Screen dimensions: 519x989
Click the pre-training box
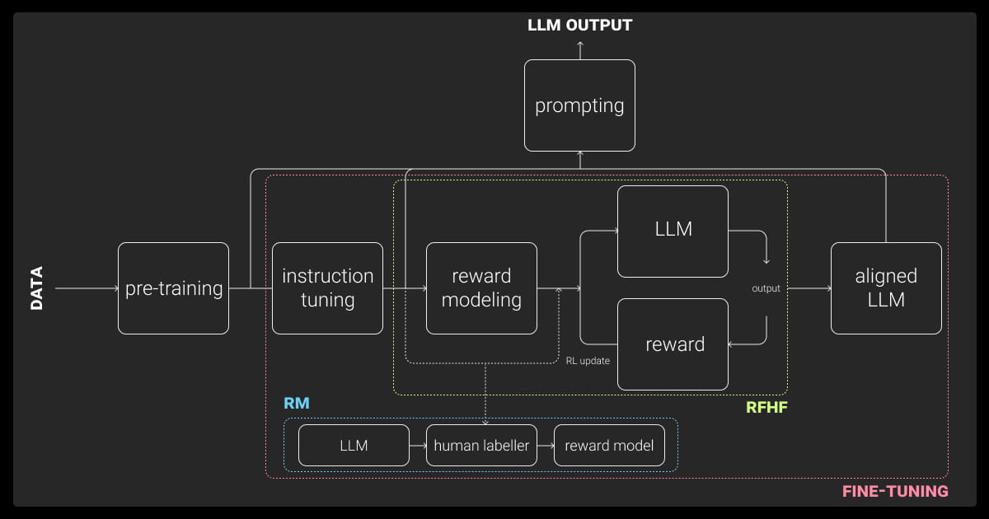pyautogui.click(x=173, y=288)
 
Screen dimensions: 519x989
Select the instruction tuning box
pyautogui.click(x=327, y=288)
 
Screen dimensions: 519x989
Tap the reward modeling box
pyautogui.click(x=481, y=288)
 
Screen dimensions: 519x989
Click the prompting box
pyautogui.click(x=579, y=105)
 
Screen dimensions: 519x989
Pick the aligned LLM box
pyautogui.click(x=886, y=288)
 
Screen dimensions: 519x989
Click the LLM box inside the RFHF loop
pyautogui.click(x=673, y=231)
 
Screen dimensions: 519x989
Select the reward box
pyautogui.click(x=673, y=344)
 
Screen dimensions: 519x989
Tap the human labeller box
pyautogui.click(x=481, y=446)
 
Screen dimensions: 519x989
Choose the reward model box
pyautogui.click(x=609, y=446)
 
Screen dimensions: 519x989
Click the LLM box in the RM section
pyautogui.click(x=354, y=446)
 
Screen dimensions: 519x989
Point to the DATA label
pyautogui.click(x=37, y=288)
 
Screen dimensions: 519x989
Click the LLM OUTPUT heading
pyautogui.click(x=579, y=25)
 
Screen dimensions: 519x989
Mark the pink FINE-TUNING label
pyautogui.click(x=895, y=492)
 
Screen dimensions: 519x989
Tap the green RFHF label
pyautogui.click(x=766, y=407)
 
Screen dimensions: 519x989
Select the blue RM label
pyautogui.click(x=296, y=404)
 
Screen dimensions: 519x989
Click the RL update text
pyautogui.click(x=588, y=361)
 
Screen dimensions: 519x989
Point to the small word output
pyautogui.click(x=766, y=288)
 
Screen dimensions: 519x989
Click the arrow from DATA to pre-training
pyautogui.click(x=87, y=288)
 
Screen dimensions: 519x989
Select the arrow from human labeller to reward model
pyautogui.click(x=546, y=446)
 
